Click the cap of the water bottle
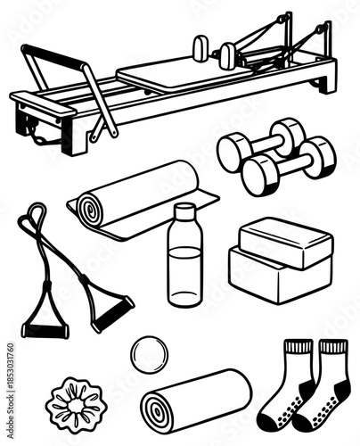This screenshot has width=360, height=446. coord(184,212)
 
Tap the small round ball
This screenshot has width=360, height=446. coord(147,354)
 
